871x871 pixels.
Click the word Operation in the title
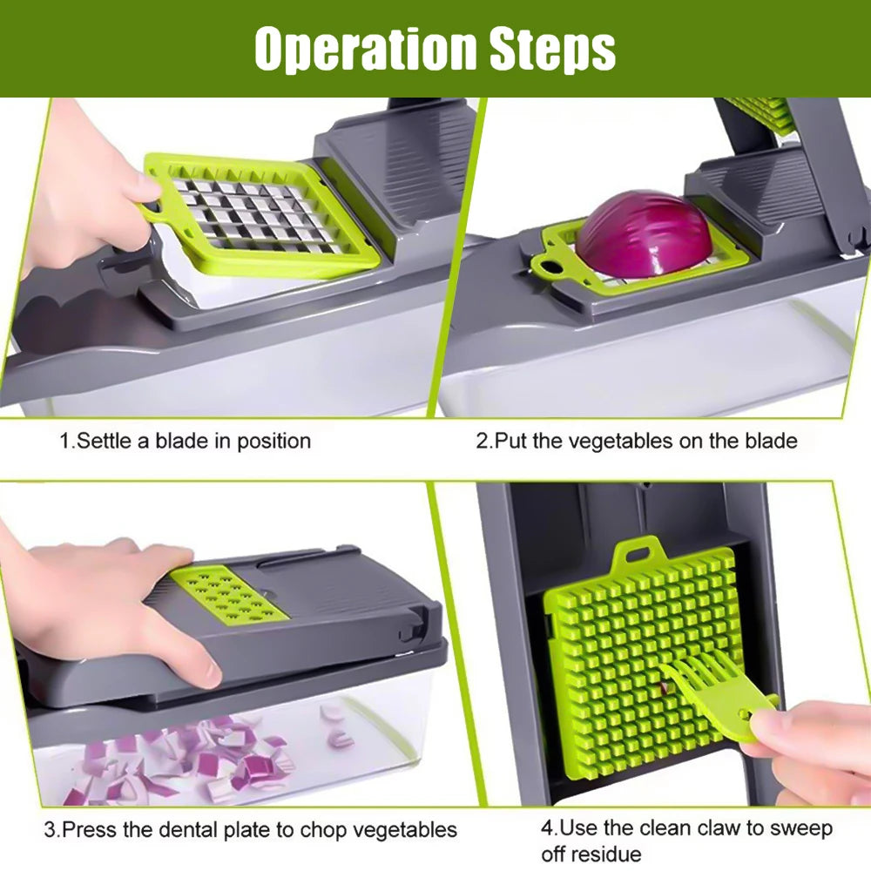click(x=366, y=50)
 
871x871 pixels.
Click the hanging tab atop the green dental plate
click(x=634, y=557)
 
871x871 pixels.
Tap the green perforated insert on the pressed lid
click(x=228, y=593)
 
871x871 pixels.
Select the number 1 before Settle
click(x=64, y=441)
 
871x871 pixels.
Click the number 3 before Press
click(x=50, y=828)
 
